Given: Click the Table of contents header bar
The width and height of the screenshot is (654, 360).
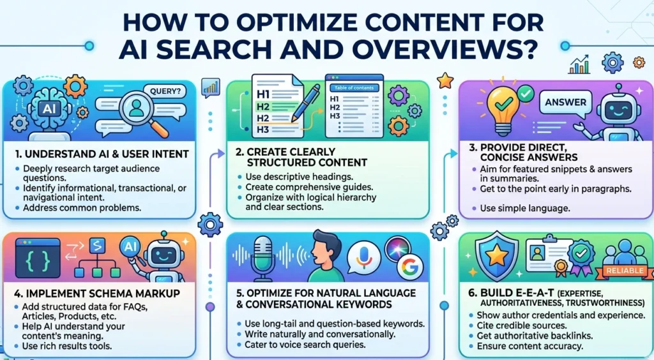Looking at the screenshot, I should pyautogui.click(x=353, y=87).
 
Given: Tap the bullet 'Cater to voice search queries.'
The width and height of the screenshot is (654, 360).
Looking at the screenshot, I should pyautogui.click(x=304, y=345).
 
